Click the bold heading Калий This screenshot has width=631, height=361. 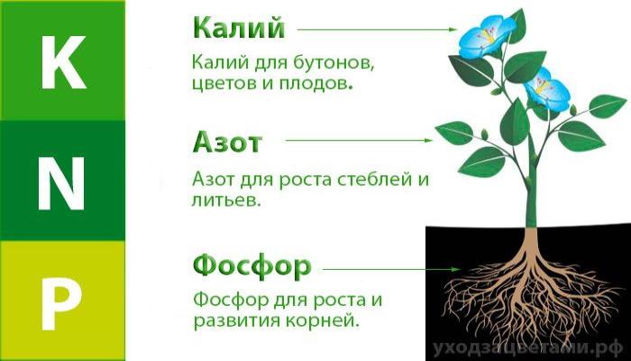[x=238, y=28]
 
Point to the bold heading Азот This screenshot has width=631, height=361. [x=226, y=143]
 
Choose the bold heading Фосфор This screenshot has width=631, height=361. [x=251, y=266]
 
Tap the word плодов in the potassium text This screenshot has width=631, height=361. [x=320, y=86]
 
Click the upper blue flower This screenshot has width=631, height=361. [x=487, y=35]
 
